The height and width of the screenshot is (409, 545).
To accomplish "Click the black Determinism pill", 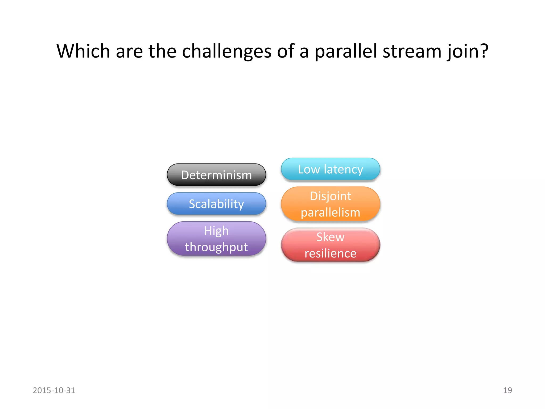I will (216, 175).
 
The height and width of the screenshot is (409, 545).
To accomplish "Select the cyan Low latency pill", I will (330, 169).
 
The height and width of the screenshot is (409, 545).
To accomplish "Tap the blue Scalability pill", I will (216, 204).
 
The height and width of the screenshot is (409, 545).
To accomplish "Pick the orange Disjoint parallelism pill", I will (330, 204).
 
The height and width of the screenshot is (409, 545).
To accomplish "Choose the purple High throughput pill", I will (216, 239).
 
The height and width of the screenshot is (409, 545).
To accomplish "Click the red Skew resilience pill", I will (330, 245).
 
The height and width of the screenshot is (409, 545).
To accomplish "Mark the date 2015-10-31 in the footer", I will (54, 390).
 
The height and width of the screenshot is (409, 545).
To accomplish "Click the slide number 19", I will (507, 390).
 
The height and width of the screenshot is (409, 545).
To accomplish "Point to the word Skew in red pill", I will (330, 237).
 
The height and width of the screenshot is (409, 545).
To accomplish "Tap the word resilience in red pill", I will (330, 253).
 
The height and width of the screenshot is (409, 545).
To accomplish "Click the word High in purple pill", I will (216, 231).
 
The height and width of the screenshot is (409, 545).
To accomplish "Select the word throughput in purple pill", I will (216, 247).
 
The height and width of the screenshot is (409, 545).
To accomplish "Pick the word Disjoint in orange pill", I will (330, 196).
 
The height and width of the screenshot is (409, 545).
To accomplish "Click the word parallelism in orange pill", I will (330, 212).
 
